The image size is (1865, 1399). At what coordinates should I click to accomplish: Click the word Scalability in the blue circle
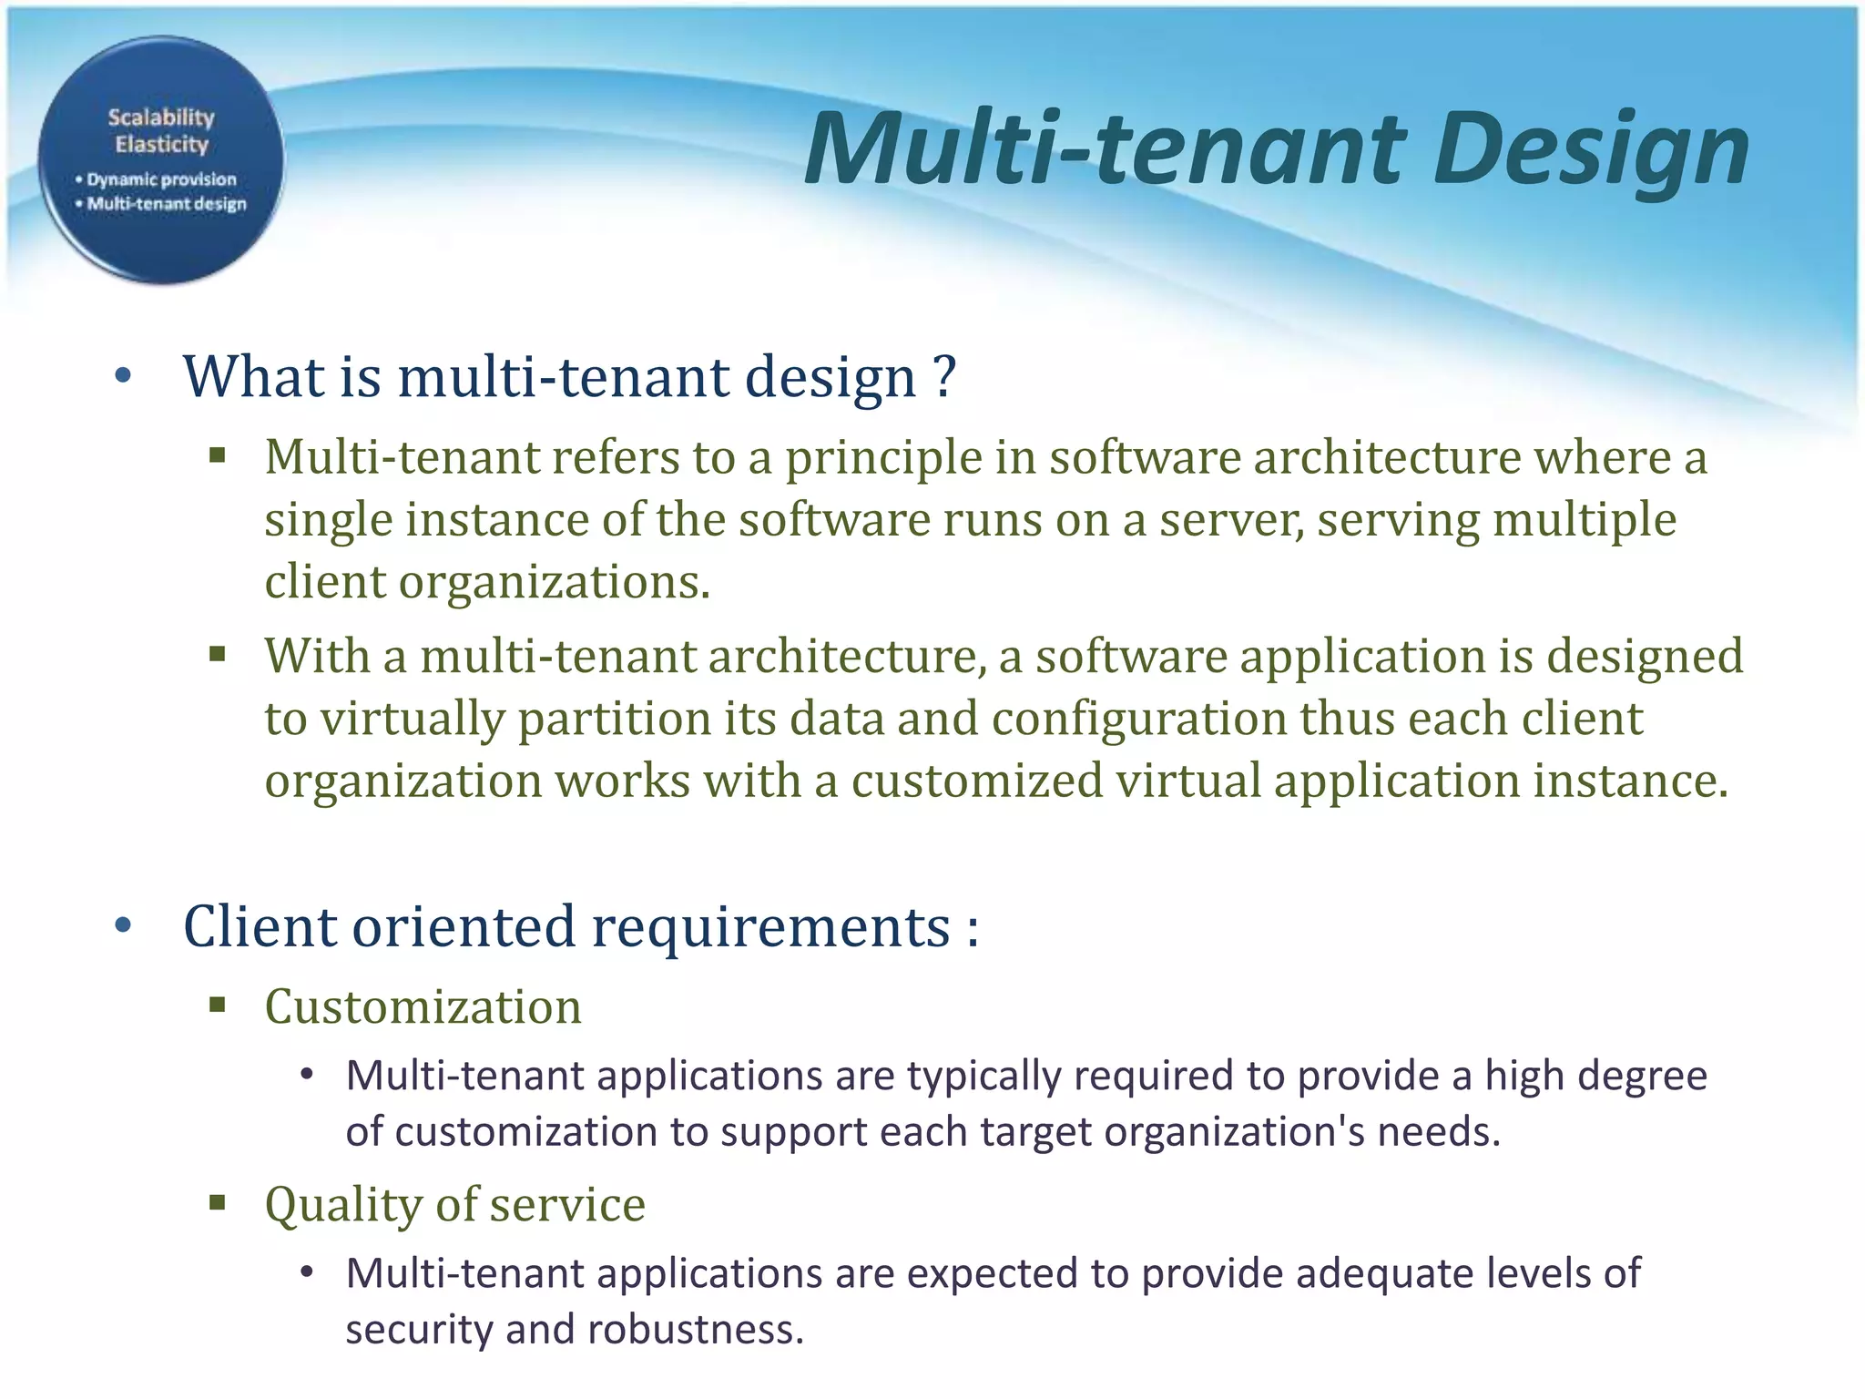tap(161, 117)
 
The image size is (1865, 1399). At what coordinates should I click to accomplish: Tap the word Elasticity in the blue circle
tap(161, 144)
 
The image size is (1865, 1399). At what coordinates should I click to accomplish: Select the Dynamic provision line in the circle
tap(157, 179)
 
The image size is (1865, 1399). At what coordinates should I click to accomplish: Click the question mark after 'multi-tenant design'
tap(944, 376)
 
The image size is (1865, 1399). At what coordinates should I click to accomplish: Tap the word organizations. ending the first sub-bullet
tap(554, 581)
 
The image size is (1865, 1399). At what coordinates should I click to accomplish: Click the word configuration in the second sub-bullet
tap(1138, 719)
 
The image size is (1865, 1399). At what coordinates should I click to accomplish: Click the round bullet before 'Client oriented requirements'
tap(124, 927)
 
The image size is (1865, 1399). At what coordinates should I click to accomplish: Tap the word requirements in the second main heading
tap(770, 926)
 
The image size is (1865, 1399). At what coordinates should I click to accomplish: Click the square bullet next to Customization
tap(217, 1006)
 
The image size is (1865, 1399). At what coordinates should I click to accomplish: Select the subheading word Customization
tap(423, 1006)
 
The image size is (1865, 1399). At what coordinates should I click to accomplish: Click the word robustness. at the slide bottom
tap(696, 1329)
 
